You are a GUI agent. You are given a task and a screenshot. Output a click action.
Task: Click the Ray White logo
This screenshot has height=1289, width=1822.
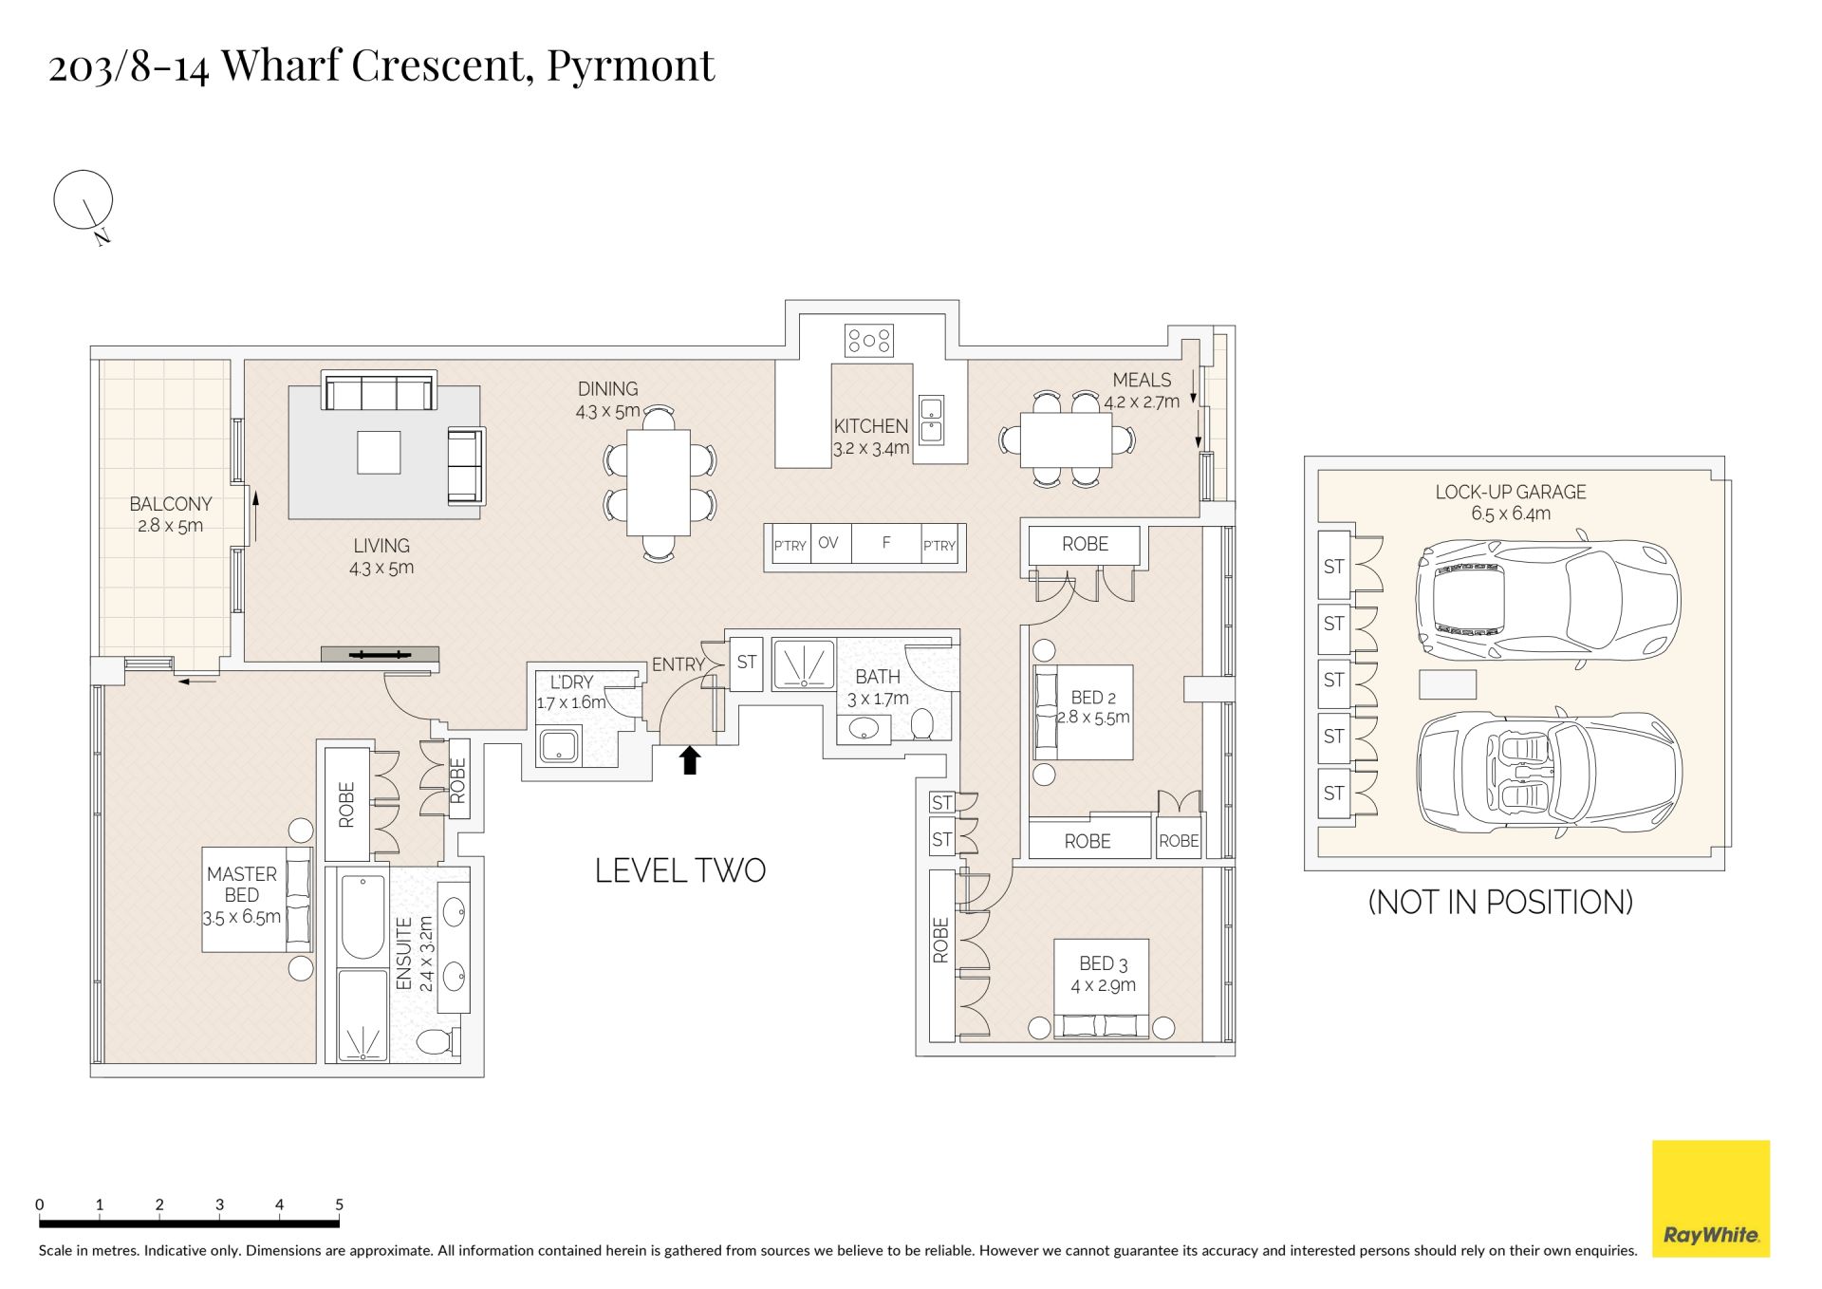1711,1198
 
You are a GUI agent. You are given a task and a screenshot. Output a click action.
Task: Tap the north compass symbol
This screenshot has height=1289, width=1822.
84,205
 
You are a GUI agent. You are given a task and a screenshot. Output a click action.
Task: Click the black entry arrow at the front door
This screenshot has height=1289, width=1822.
690,760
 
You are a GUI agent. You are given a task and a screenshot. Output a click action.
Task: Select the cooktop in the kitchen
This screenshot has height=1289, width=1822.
869,341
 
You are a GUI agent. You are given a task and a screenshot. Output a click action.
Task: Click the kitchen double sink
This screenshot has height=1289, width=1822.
930,420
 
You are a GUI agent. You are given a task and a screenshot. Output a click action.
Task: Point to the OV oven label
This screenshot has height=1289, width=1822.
827,543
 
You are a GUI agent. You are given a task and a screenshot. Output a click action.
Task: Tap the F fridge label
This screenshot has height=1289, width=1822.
886,543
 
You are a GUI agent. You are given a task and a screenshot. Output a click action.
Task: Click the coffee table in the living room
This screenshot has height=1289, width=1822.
379,452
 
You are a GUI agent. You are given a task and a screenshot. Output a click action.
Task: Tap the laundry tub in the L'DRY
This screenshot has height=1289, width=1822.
560,746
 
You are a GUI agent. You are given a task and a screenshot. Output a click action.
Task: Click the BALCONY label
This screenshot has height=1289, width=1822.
171,504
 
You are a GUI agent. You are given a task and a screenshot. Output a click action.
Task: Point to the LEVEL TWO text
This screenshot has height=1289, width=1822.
680,870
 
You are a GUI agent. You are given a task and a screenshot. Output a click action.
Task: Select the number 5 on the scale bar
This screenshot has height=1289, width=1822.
339,1205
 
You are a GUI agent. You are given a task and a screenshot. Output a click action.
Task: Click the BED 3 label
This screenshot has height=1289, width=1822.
1104,963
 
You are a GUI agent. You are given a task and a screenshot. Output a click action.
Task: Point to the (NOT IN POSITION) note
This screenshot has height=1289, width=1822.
1500,902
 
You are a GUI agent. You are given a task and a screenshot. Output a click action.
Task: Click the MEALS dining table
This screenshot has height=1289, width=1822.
1066,440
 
